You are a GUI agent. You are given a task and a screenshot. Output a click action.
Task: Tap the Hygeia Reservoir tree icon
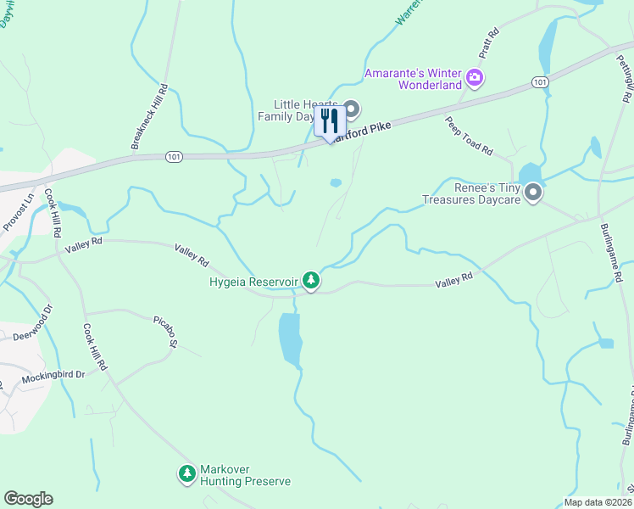(312, 279)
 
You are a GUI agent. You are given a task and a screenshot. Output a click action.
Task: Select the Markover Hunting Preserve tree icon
(186, 473)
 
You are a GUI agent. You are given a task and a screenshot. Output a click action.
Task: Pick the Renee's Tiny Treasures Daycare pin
(533, 193)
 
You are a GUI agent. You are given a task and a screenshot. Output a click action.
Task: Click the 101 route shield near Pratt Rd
(540, 81)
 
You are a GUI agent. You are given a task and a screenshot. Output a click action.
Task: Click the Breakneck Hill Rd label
(149, 117)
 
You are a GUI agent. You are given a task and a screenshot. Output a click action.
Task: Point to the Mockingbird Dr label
(54, 374)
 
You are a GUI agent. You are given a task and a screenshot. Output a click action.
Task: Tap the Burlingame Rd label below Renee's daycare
(612, 247)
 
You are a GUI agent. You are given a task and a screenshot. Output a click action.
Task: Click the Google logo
(28, 499)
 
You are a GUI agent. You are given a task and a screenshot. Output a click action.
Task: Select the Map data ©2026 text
(597, 502)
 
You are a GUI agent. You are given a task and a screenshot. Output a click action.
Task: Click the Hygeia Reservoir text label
(253, 280)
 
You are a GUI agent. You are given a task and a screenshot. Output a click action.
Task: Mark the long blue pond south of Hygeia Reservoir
(289, 338)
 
